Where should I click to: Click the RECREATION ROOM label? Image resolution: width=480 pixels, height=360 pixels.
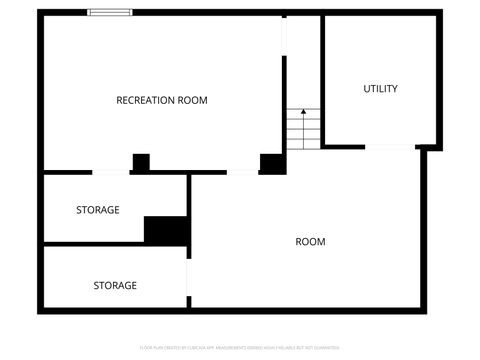162,100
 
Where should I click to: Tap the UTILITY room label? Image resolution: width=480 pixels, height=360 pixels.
380,89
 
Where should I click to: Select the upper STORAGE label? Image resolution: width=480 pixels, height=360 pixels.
98,210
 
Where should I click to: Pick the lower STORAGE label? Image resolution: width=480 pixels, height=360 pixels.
115,285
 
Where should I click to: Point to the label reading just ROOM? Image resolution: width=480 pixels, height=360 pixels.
310,242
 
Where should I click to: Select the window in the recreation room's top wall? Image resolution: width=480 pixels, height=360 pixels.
109,12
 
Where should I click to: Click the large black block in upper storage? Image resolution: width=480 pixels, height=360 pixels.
166,230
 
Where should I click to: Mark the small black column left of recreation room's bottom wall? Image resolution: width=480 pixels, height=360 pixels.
141,162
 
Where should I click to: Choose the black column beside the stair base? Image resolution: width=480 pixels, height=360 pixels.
272,163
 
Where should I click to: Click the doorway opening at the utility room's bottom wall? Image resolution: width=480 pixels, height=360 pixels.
390,147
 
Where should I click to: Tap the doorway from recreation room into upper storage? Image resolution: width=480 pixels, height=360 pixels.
110,172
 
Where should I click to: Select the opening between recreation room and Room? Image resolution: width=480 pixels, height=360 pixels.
242,172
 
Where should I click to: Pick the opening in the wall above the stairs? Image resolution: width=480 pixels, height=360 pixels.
302,13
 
